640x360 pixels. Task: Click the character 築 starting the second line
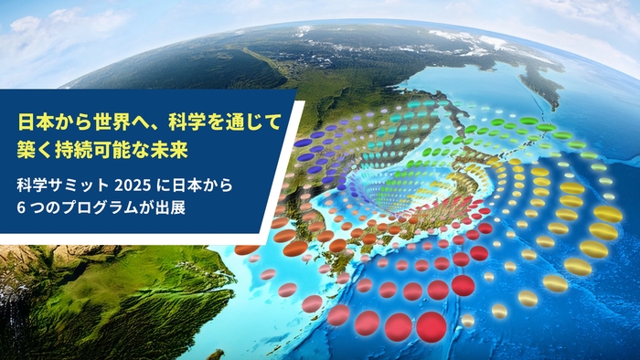coord(27,146)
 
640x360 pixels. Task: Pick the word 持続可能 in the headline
coord(88,146)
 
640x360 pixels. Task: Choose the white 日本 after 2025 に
coord(184,185)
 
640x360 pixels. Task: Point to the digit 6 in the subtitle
coord(21,208)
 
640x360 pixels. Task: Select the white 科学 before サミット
coord(33,185)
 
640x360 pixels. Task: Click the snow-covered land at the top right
coord(475,41)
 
